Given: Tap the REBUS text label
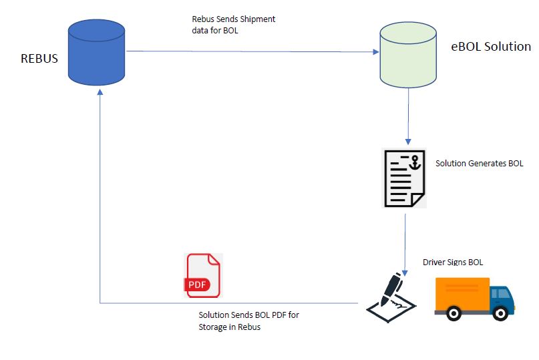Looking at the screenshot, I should tap(39, 58).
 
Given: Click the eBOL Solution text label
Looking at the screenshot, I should tap(491, 47).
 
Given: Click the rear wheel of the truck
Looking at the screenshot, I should tap(455, 312).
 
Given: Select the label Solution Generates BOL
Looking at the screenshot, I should tap(479, 164).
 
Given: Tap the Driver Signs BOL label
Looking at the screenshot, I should tap(452, 262).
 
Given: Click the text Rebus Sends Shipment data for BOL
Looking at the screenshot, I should tap(233, 24).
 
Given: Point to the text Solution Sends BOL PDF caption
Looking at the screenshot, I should tap(248, 321).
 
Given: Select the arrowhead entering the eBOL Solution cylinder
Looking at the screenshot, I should tap(375, 51).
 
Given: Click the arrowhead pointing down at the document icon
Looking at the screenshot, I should tap(407, 142).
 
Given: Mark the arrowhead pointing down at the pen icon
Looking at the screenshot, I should tap(403, 266).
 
